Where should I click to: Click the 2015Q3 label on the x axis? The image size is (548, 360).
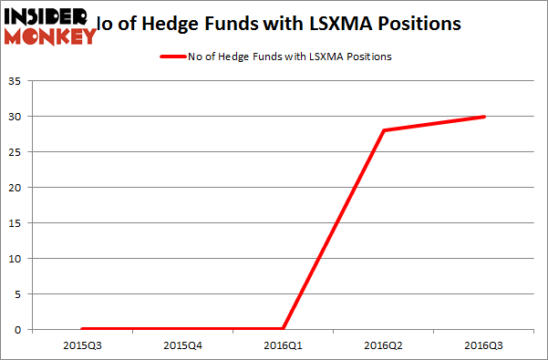pos(82,345)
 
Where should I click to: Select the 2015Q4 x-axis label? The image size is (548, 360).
pos(182,345)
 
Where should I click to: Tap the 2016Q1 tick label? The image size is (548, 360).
pos(283,345)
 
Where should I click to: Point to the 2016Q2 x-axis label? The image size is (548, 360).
pos(384,345)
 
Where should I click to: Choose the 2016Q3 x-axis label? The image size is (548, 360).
pos(484,345)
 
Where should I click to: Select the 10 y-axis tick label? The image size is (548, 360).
pos(18,259)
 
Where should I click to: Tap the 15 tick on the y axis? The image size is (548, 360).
pos(18,223)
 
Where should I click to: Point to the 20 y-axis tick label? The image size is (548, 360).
pos(18,188)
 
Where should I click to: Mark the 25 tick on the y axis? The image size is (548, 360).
pos(18,152)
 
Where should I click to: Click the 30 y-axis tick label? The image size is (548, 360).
pos(18,117)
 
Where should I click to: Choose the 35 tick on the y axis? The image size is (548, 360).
pos(18,81)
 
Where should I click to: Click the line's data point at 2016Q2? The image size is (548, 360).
pos(384,130)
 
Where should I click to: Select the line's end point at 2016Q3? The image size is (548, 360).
pos(484,117)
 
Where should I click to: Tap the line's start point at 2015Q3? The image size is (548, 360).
pos(82,329)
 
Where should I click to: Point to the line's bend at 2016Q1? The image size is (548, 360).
pos(283,329)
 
